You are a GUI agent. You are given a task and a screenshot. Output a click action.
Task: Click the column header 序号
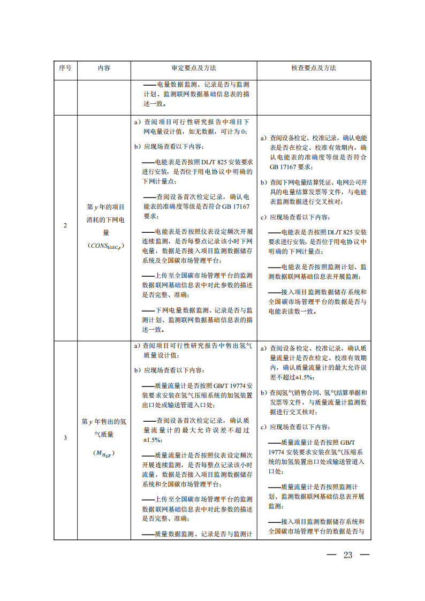point(65,69)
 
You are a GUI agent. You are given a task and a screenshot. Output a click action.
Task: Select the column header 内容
point(104,69)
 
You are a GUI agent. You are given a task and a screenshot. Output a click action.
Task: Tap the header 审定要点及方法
point(194,69)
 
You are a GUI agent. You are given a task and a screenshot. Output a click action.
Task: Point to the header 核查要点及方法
point(314,69)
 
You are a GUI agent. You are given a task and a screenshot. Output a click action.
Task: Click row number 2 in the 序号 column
point(65,225)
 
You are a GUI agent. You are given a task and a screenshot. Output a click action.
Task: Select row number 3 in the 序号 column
point(65,438)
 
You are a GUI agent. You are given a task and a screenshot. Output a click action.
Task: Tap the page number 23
point(348,555)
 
